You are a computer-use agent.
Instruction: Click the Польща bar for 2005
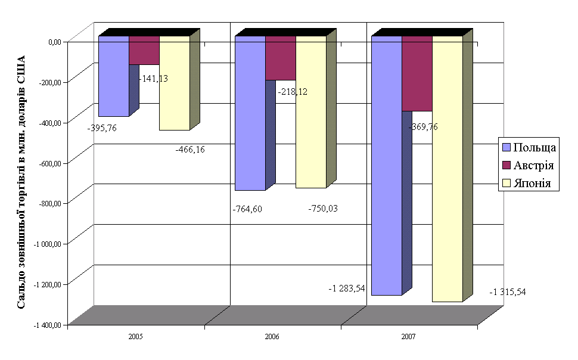[x=114, y=76]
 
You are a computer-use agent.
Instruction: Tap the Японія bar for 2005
[x=175, y=83]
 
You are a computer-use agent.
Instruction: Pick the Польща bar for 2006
[x=250, y=113]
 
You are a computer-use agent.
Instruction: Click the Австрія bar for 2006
[x=281, y=58]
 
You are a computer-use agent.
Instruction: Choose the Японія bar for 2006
[x=311, y=112]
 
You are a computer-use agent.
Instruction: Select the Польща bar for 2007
[x=387, y=166]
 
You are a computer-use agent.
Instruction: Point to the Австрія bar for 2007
[x=417, y=73]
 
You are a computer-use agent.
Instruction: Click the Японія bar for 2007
[x=448, y=169]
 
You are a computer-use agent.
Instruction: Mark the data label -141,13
[x=153, y=78]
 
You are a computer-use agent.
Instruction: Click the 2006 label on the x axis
[x=272, y=337]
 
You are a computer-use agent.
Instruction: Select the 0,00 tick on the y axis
[x=55, y=42]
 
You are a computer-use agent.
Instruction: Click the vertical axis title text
[x=21, y=182]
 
